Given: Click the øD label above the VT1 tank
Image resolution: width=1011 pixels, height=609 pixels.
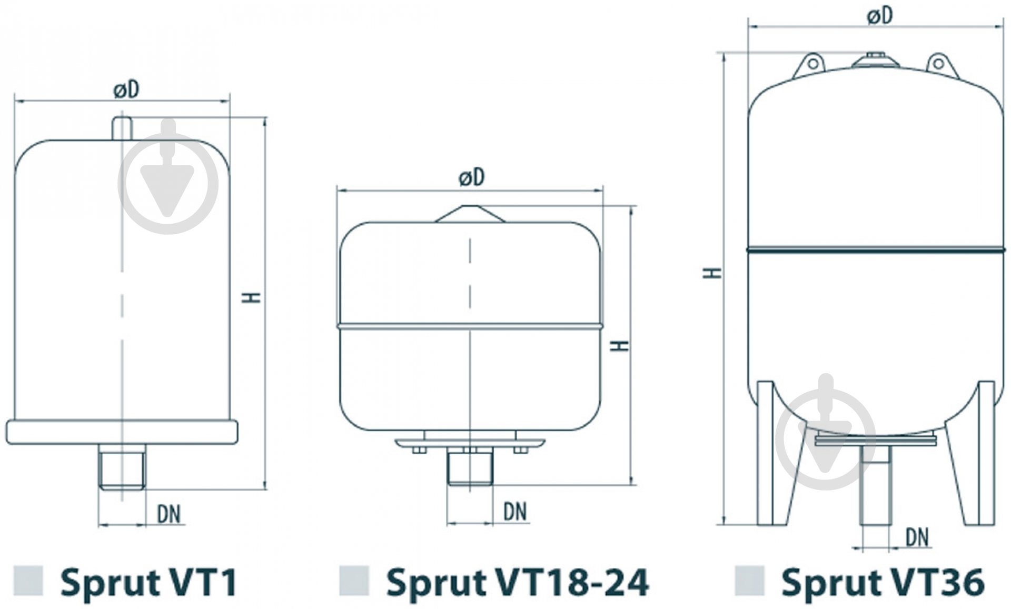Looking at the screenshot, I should (126, 90).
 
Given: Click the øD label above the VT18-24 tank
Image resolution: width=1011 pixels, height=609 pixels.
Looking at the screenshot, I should (471, 177).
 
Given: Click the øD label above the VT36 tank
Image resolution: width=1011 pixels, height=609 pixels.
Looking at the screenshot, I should (880, 16).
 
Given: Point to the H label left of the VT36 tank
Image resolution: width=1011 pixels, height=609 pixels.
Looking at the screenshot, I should (713, 273).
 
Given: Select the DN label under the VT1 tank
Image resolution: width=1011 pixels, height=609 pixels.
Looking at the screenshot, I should (169, 514).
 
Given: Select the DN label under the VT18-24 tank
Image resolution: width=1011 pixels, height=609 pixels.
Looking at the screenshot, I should (514, 512).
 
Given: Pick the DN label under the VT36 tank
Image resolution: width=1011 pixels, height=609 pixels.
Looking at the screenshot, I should (917, 537).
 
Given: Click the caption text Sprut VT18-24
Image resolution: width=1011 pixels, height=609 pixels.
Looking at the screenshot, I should (517, 582).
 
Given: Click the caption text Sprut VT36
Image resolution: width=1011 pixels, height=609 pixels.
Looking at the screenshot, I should (883, 582).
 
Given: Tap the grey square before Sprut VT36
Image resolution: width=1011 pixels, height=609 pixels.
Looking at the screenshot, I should (749, 581).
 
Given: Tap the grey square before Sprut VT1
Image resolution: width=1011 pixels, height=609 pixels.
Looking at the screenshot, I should (28, 581).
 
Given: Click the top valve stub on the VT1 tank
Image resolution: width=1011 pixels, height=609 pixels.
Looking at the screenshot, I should (122, 128).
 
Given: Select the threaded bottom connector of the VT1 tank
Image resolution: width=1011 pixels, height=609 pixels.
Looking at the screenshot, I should (122, 466).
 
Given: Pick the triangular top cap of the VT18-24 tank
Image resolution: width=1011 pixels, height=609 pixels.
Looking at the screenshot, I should (470, 214).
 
